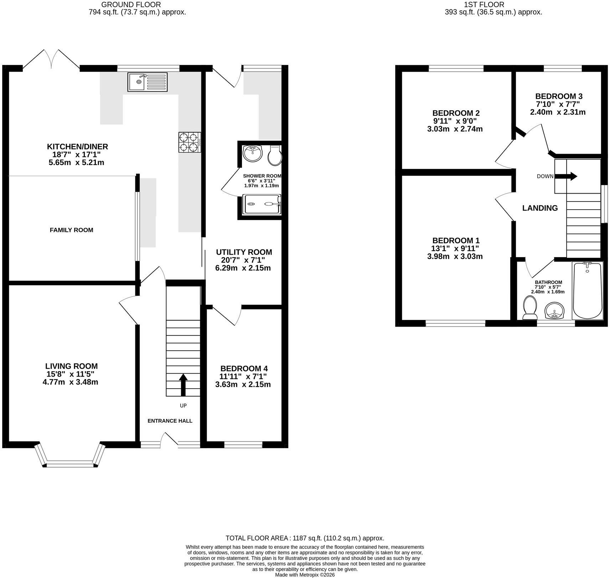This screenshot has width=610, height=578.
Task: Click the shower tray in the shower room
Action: point(262,204)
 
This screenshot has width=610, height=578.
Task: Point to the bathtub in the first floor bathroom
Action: point(587,291)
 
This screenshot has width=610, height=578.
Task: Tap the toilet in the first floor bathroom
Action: point(530,308)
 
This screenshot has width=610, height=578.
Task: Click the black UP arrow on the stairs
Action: point(183,385)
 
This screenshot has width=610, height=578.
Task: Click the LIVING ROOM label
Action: point(71,366)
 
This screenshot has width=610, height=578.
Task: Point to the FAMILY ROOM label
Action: point(71,230)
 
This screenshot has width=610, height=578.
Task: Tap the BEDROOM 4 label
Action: point(244,368)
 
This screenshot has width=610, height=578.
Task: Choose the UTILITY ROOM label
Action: point(244,252)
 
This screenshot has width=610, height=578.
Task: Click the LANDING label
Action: point(540,208)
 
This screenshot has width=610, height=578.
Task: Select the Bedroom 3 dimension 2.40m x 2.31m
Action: point(558,112)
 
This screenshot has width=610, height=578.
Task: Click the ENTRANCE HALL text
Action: point(170,421)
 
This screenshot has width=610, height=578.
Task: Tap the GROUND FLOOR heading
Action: point(131,5)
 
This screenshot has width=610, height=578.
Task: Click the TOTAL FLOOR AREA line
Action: point(305,538)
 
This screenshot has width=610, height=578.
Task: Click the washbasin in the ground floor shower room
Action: point(253,154)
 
